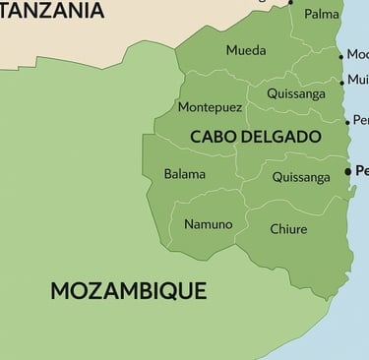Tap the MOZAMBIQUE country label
[x=128, y=290]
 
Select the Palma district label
[x=322, y=15]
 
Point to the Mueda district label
[x=245, y=50]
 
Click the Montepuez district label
[x=209, y=106]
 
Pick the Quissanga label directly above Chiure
[x=300, y=177]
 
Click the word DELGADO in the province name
[x=285, y=136]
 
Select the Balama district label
[x=185, y=174]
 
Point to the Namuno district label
[x=209, y=224]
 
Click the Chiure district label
[x=288, y=229]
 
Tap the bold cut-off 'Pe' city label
[x=360, y=171]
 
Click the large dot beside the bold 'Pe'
[x=347, y=172]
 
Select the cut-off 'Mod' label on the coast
[x=358, y=54]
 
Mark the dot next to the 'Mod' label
[x=342, y=55]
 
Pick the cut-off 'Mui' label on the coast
[x=358, y=81]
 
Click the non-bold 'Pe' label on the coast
[x=360, y=120]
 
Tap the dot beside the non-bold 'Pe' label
[x=347, y=122]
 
